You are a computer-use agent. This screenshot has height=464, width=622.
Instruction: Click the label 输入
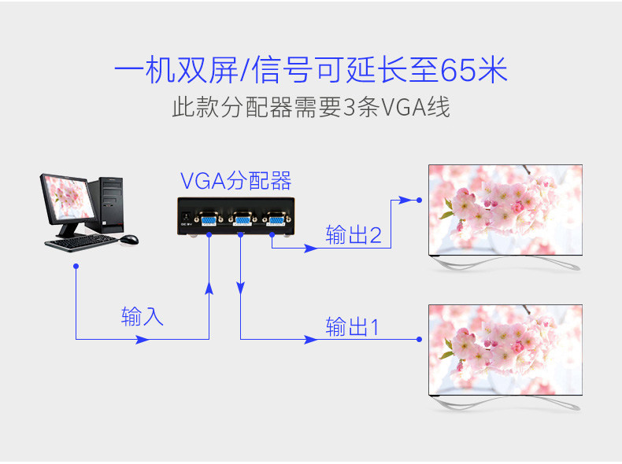142,316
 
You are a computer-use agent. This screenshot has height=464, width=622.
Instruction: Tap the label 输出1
352,327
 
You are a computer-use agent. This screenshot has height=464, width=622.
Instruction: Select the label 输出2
354,234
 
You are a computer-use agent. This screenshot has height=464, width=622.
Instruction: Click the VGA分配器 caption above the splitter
235,181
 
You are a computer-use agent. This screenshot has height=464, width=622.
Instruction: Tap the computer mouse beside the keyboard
129,239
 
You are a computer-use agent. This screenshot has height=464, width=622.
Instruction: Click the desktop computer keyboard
81,242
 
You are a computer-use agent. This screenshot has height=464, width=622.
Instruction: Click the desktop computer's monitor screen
68,197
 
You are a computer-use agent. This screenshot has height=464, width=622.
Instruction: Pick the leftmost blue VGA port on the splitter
209,219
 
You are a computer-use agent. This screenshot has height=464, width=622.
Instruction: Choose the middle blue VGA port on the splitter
243,219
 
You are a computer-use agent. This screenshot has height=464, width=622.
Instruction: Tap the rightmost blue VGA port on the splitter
276,219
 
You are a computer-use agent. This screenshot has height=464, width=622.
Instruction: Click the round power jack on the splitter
186,217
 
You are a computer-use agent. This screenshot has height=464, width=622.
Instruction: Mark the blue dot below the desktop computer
76,267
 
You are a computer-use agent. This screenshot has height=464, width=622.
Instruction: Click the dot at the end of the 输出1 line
420,339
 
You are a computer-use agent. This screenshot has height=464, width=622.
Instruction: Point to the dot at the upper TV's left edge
420,200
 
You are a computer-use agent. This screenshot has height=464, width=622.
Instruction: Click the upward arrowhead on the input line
209,288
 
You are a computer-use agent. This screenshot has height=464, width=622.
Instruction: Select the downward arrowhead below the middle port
240,288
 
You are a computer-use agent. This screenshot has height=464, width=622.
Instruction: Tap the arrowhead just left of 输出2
310,249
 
